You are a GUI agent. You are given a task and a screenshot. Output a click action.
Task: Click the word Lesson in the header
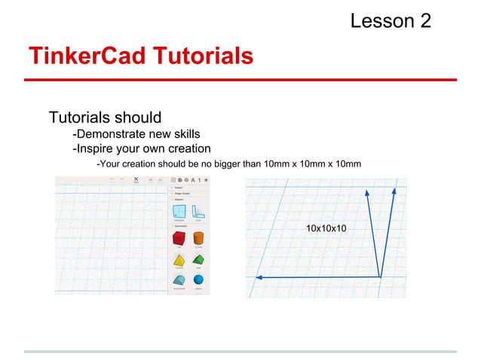click(381, 20)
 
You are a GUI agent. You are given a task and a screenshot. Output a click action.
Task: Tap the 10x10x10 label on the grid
click(326, 227)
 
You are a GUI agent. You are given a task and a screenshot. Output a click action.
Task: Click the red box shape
click(179, 238)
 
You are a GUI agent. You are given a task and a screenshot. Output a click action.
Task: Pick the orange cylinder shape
click(198, 238)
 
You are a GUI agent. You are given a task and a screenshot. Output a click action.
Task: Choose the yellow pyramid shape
click(179, 259)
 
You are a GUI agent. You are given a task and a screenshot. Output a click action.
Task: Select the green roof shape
click(198, 259)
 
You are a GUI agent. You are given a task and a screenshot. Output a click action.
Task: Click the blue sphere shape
click(198, 280)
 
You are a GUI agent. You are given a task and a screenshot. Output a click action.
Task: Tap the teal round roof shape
click(179, 280)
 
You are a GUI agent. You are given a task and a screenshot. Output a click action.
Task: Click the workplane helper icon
click(179, 212)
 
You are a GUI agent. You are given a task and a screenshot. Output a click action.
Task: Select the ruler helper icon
click(198, 212)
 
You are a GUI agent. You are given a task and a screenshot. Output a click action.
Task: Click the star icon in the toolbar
click(206, 180)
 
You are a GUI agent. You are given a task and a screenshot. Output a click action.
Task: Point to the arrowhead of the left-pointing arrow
click(259, 278)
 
